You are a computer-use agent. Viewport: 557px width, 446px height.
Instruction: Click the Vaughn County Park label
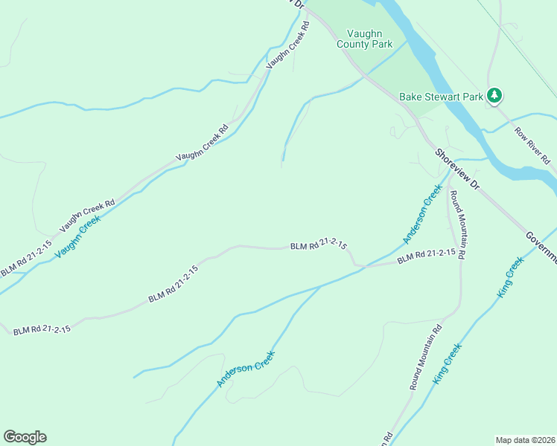point(369,39)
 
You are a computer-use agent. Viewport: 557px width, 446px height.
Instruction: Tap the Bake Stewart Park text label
point(441,96)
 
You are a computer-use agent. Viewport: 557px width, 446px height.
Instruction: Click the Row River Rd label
point(532,146)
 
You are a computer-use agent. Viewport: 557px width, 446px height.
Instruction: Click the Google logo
point(25,437)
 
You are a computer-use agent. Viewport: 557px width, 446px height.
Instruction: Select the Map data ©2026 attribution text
point(525,440)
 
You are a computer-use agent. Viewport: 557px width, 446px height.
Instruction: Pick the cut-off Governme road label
point(541,247)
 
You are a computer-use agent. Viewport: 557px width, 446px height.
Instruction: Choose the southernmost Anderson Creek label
point(246,369)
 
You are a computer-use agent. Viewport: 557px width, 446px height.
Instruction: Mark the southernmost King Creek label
point(448,363)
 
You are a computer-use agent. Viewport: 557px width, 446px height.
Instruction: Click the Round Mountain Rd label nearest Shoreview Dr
point(456,224)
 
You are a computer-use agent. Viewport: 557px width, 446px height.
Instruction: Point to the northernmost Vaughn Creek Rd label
point(287,45)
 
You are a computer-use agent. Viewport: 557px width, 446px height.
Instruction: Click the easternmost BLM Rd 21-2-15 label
point(426,256)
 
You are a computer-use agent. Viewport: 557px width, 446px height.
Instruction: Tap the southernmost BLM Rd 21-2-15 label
point(42,329)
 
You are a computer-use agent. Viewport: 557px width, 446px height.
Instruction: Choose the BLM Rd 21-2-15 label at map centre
point(318,246)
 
